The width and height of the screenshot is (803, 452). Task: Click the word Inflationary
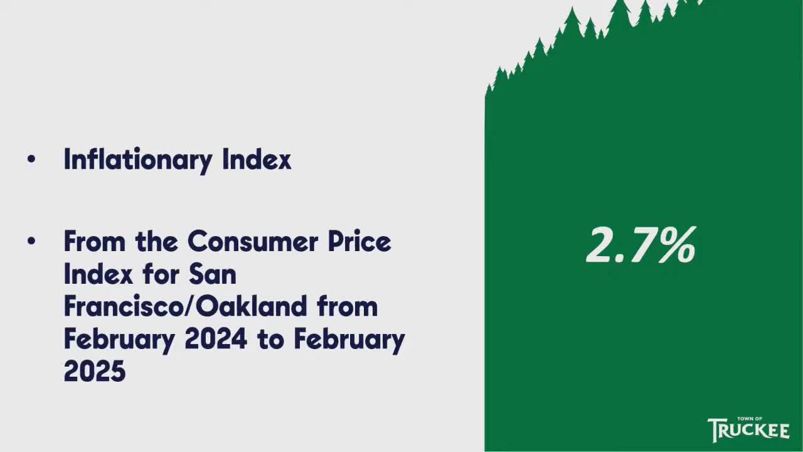[139, 160]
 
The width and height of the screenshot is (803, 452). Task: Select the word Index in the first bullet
[257, 158]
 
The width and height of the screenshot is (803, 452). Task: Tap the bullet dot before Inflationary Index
[31, 159]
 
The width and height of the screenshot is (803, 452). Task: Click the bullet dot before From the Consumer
[31, 242]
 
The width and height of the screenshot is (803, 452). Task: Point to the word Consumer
[253, 241]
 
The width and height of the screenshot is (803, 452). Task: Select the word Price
[359, 241]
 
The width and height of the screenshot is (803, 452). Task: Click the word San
[213, 273]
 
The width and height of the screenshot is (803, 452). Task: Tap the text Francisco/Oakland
[186, 306]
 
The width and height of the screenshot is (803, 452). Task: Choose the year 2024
[216, 338]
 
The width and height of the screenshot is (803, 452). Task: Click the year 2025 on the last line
[95, 370]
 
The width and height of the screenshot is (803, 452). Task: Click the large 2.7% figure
[641, 246]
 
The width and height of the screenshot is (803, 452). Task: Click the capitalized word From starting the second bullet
[95, 241]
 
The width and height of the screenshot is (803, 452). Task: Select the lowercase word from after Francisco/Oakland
[348, 306]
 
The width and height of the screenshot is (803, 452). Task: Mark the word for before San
[161, 273]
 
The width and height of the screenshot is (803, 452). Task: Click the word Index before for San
[98, 273]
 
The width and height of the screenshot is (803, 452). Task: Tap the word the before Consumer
[157, 241]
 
